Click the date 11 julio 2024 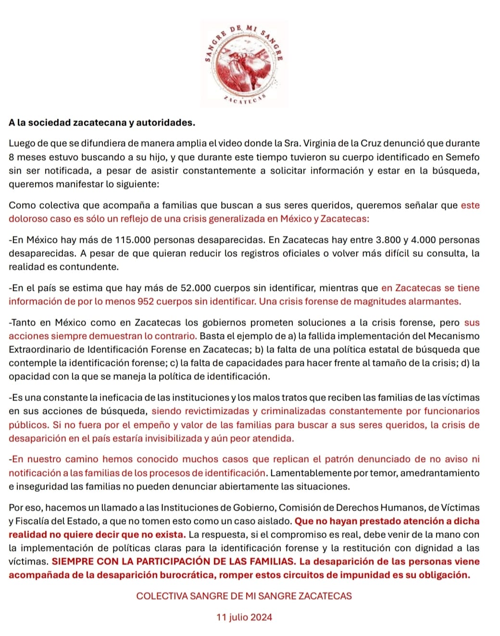(244, 617)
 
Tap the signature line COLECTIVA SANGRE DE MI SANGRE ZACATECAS (244, 596)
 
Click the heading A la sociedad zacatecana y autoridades (102, 123)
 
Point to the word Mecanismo (454, 336)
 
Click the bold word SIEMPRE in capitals (72, 561)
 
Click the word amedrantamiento (440, 473)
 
